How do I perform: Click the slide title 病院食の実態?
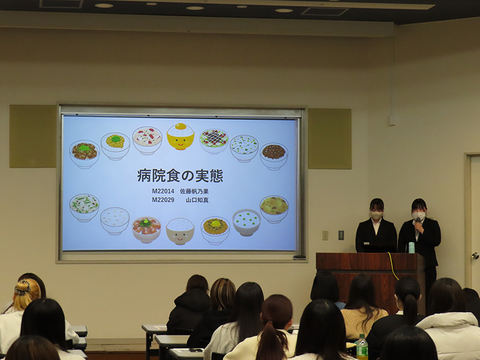click(x=180, y=176)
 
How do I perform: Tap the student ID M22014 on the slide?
click(x=163, y=191)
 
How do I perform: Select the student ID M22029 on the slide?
click(x=163, y=200)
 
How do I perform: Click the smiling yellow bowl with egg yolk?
click(x=181, y=137)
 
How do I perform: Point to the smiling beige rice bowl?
click(x=180, y=231)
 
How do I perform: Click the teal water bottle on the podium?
click(x=412, y=248)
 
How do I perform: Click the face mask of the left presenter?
click(x=376, y=215)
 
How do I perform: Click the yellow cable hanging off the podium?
click(x=393, y=266)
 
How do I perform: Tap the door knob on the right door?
click(x=475, y=256)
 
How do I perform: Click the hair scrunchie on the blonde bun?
click(x=23, y=288)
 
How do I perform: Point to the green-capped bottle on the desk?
click(x=362, y=347)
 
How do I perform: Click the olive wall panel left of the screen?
click(x=33, y=136)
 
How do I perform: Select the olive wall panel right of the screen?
click(x=329, y=139)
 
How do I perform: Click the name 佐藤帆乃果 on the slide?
click(x=194, y=191)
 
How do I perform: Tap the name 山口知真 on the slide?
click(x=197, y=200)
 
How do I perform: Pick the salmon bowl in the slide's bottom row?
click(x=146, y=230)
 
